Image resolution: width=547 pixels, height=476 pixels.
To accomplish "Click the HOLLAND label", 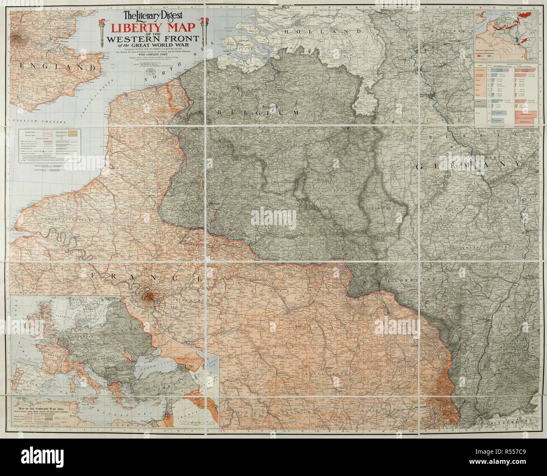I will pos(323,32).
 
